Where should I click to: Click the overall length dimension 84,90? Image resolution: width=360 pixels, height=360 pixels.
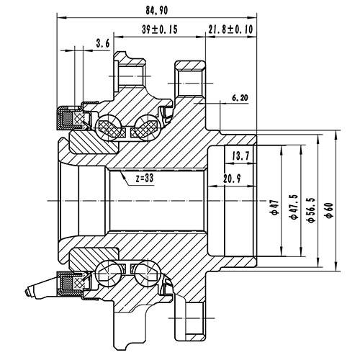coord(156,10)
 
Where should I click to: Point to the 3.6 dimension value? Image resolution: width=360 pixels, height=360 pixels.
coord(102,45)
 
